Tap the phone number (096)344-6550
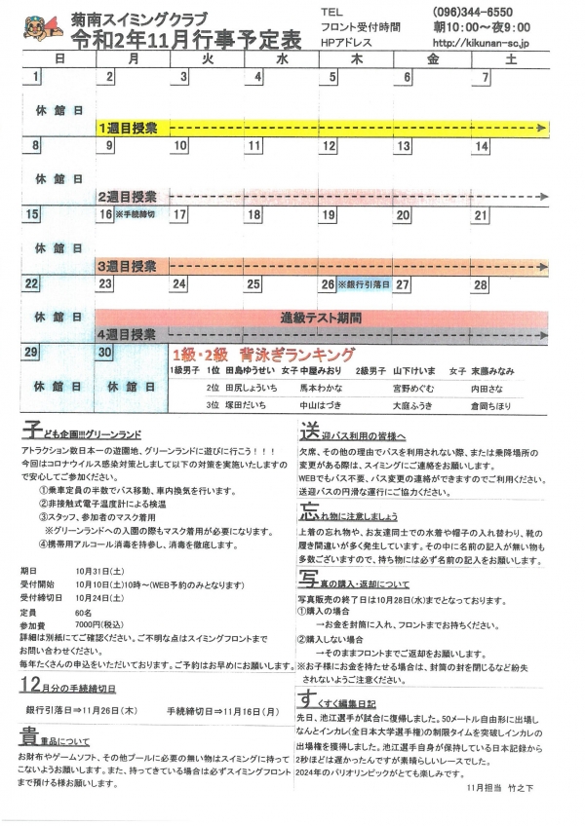coord(464,11)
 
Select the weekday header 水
coord(281,59)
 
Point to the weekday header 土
coord(508,59)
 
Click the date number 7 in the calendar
coord(485,78)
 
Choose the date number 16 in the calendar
coord(105,214)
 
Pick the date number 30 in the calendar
coord(104,353)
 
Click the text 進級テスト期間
coord(320,318)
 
